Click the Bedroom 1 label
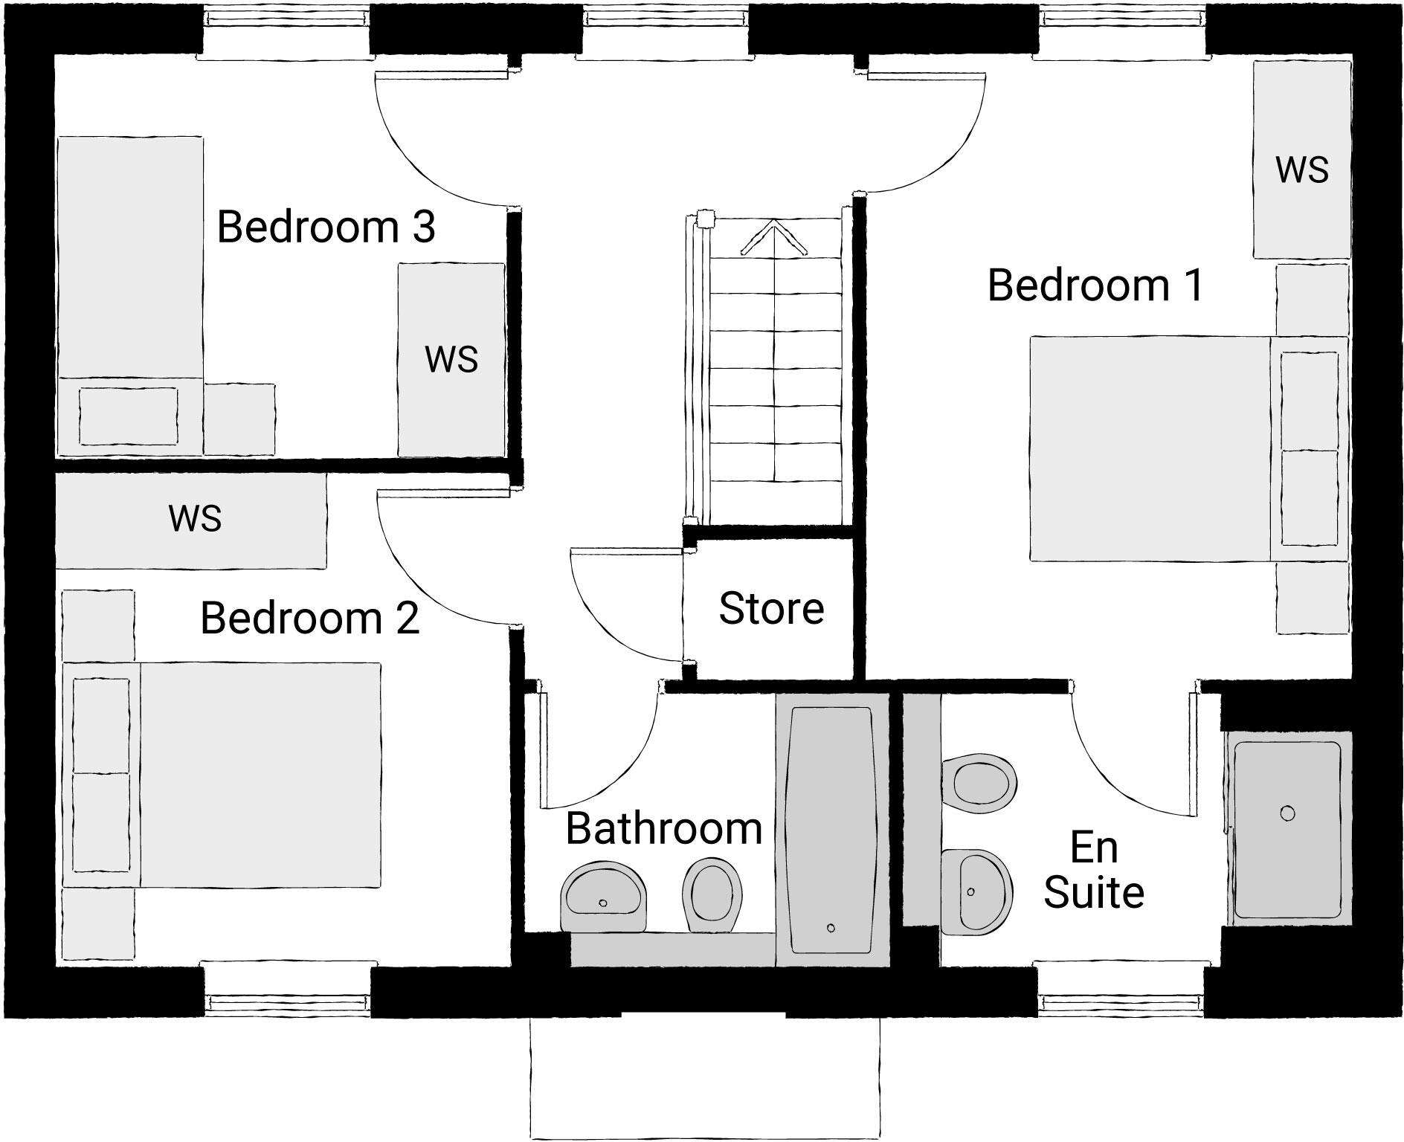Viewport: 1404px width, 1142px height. [x=1095, y=285]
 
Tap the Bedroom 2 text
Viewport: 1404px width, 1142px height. [x=310, y=619]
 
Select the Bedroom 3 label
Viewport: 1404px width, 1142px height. [x=326, y=227]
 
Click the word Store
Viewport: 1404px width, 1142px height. [x=771, y=609]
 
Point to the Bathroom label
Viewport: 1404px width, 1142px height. [x=664, y=828]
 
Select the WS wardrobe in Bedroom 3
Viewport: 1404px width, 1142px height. [x=451, y=360]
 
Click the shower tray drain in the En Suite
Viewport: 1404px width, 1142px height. [x=1288, y=813]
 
